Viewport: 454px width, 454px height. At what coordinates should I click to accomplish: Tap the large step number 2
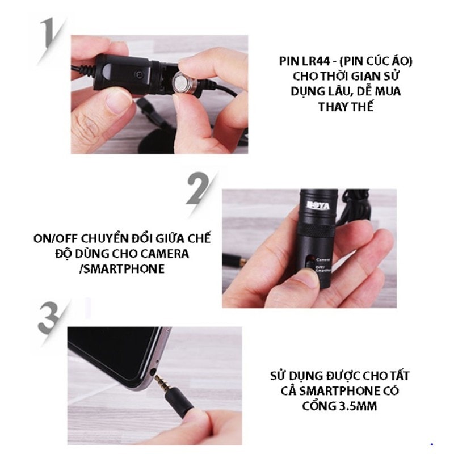198,189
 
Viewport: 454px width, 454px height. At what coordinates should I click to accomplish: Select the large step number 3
48,318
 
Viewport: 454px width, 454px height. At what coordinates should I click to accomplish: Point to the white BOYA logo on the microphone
318,205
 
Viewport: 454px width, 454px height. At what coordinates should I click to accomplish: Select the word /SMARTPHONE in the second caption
122,269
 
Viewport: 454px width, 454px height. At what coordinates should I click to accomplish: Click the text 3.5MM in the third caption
358,406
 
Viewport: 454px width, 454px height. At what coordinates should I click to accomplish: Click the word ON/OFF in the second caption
55,239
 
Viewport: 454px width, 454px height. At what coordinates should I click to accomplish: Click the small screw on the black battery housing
140,74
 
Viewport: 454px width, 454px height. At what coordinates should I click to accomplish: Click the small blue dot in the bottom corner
432,444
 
